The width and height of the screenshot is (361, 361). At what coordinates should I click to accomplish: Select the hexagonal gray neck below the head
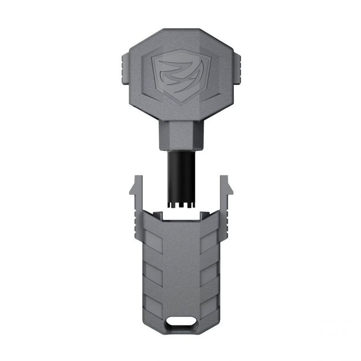point(180,135)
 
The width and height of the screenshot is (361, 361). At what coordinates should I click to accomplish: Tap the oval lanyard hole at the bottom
point(180,323)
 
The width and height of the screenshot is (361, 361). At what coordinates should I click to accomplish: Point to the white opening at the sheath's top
point(180,216)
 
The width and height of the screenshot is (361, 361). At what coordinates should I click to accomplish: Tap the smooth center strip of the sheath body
point(180,271)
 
